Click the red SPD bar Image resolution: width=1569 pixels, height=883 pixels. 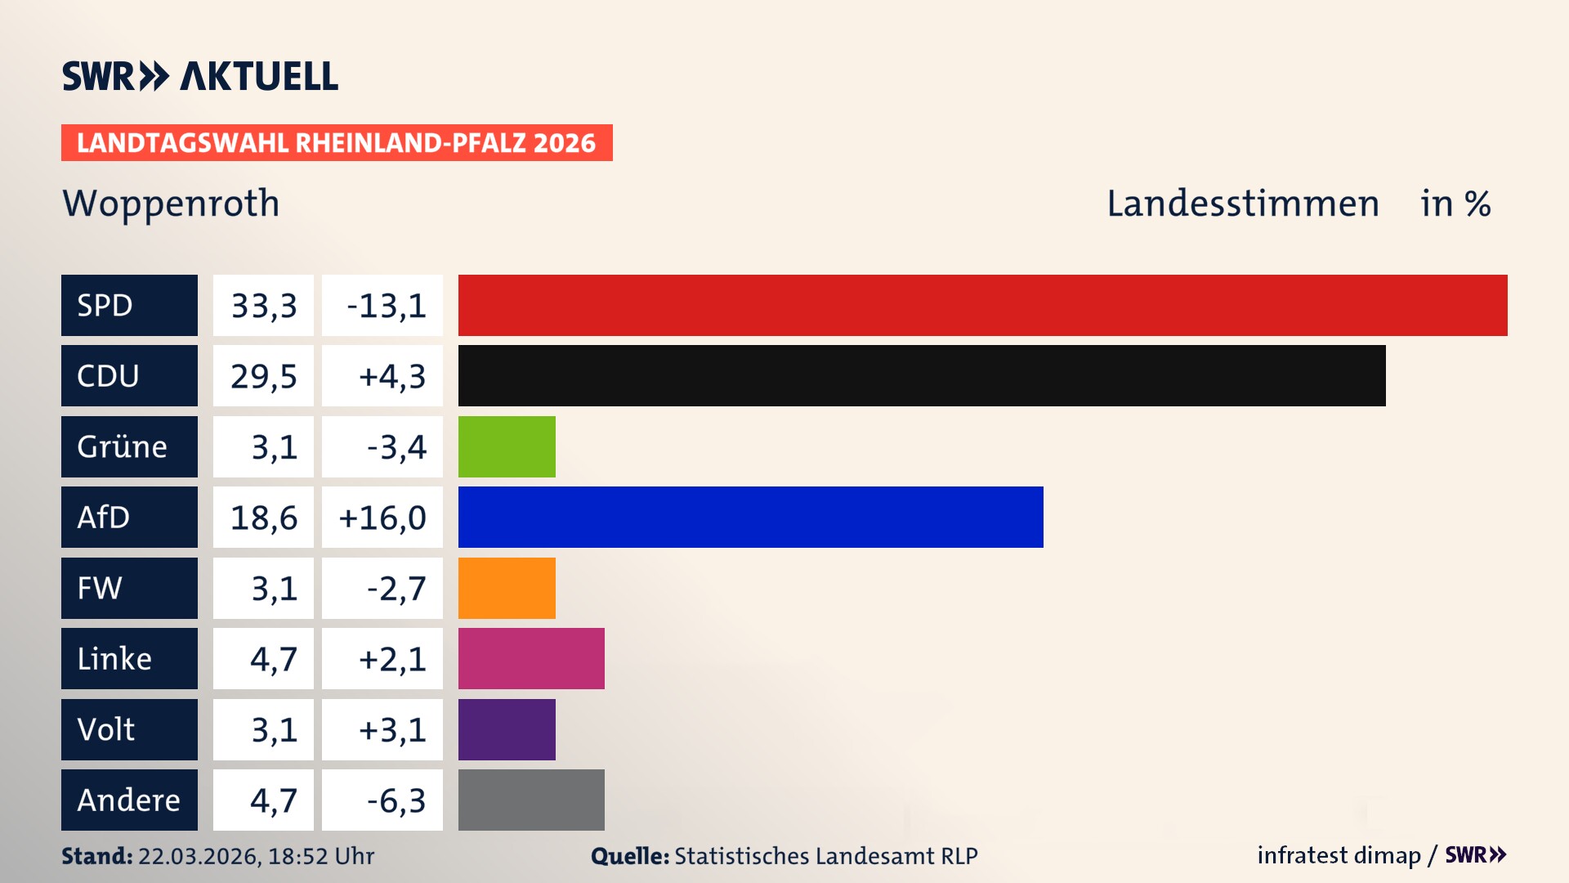point(982,305)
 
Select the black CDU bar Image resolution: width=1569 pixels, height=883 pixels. point(922,376)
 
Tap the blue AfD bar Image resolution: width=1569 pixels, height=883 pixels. point(750,518)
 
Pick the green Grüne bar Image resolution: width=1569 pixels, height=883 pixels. point(507,447)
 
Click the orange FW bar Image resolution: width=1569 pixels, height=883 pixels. point(507,589)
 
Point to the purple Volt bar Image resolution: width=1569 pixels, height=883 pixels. point(507,730)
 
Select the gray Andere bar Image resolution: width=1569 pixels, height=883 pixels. point(531,800)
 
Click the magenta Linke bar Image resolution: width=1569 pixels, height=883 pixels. point(531,659)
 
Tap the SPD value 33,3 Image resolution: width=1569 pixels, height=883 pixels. point(263,306)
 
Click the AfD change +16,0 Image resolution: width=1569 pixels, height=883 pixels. point(382,518)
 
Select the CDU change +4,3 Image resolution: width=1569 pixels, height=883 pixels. point(391,376)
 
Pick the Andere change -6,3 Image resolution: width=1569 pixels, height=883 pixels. point(396,800)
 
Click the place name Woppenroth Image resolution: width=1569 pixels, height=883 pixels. point(171,204)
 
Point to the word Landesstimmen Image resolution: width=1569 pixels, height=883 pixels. point(1242,204)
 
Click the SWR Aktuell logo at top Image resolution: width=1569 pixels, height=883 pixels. point(200,76)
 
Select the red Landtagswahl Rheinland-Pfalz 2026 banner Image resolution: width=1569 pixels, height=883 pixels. point(337,143)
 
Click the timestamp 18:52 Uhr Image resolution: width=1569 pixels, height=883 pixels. point(320,856)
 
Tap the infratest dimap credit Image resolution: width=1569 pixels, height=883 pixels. point(1338,855)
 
